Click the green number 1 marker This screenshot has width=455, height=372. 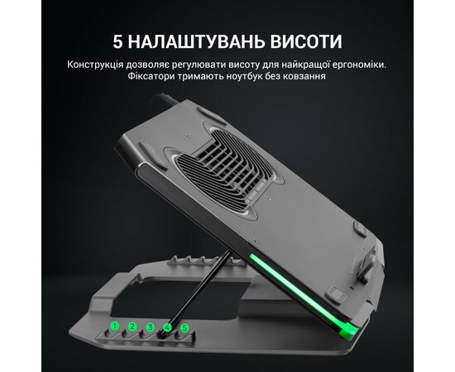pyautogui.click(x=115, y=327)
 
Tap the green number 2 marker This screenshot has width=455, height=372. pyautogui.click(x=132, y=327)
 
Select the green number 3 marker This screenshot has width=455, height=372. pyautogui.click(x=150, y=327)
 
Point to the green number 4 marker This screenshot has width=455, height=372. pyautogui.click(x=167, y=328)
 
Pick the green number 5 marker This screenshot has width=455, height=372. pyautogui.click(x=184, y=328)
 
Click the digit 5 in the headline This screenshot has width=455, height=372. pyautogui.click(x=117, y=42)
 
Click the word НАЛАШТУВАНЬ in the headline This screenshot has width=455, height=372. pyautogui.click(x=196, y=42)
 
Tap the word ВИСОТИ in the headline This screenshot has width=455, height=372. pyautogui.click(x=306, y=42)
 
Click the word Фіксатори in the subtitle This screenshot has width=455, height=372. pyautogui.click(x=146, y=76)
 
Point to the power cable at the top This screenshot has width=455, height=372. pyautogui.click(x=168, y=99)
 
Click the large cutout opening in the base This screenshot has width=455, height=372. pyautogui.click(x=180, y=298)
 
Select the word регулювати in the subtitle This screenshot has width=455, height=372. pyautogui.click(x=199, y=64)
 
